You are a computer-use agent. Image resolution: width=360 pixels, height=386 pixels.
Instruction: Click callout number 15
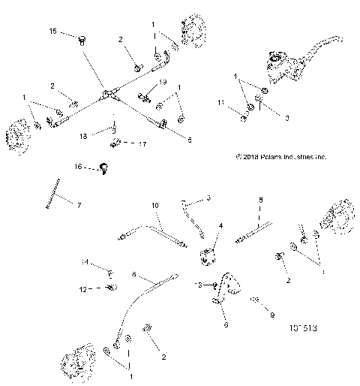[x=52, y=31]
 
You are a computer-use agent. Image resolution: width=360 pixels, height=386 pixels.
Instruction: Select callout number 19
[x=163, y=81]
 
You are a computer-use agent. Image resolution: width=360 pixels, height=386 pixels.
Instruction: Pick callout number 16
[x=78, y=166]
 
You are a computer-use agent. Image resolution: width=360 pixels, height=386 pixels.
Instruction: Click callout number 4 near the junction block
[x=220, y=225]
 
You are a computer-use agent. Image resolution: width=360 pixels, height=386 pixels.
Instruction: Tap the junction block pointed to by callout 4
[x=208, y=258]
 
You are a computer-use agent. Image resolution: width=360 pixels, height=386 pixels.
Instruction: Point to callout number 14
[x=85, y=263]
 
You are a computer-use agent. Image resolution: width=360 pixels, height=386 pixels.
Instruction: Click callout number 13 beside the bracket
[x=199, y=285]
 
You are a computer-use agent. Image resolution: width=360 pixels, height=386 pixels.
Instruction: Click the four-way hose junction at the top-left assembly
[x=109, y=95]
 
